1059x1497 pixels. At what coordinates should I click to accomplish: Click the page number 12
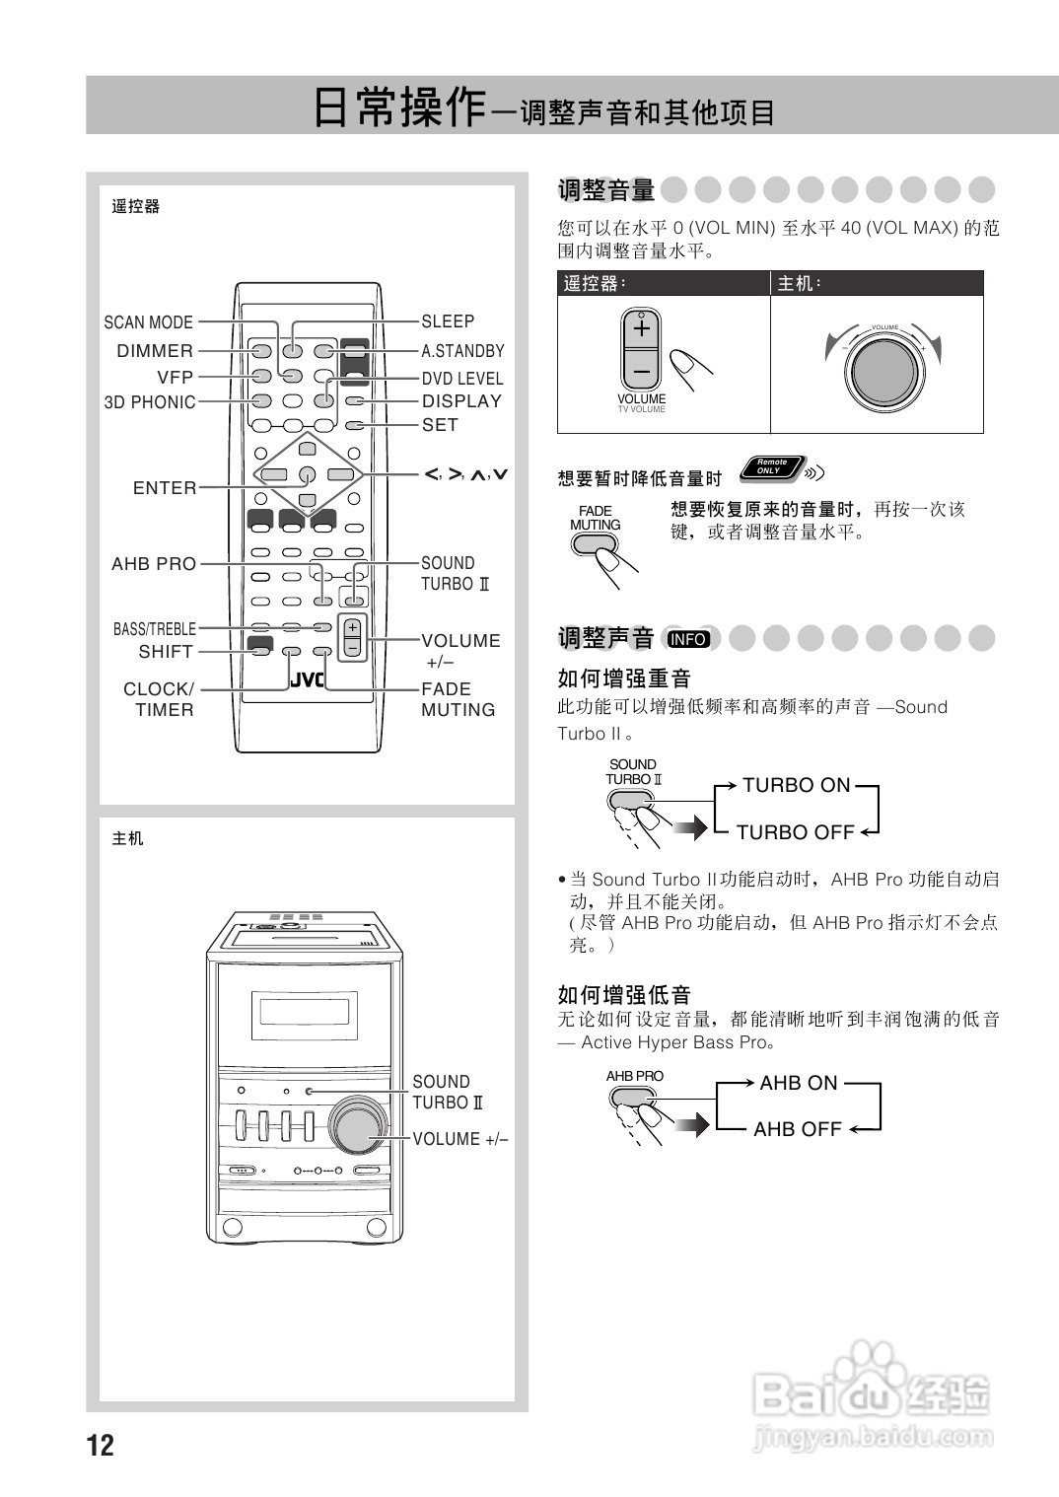101,1446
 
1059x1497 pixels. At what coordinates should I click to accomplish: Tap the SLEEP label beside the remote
448,321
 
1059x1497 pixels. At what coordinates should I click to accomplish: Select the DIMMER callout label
155,351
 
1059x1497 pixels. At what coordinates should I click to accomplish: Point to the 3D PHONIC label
150,402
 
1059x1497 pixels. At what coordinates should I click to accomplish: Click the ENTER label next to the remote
165,488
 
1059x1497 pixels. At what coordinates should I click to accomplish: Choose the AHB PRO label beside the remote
154,564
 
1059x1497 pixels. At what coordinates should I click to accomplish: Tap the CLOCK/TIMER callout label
159,699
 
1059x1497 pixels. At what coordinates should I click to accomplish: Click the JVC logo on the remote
307,680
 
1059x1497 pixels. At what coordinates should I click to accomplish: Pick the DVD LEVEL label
462,379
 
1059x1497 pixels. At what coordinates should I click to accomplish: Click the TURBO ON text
796,785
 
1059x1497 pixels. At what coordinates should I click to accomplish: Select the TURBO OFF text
795,832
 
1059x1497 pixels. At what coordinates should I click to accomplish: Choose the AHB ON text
798,1083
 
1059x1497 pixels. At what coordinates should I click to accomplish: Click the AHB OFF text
797,1129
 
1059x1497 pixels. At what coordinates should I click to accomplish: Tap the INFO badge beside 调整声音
688,639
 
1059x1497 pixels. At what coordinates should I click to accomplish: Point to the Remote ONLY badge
771,466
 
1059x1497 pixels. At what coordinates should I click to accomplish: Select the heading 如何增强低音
624,994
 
